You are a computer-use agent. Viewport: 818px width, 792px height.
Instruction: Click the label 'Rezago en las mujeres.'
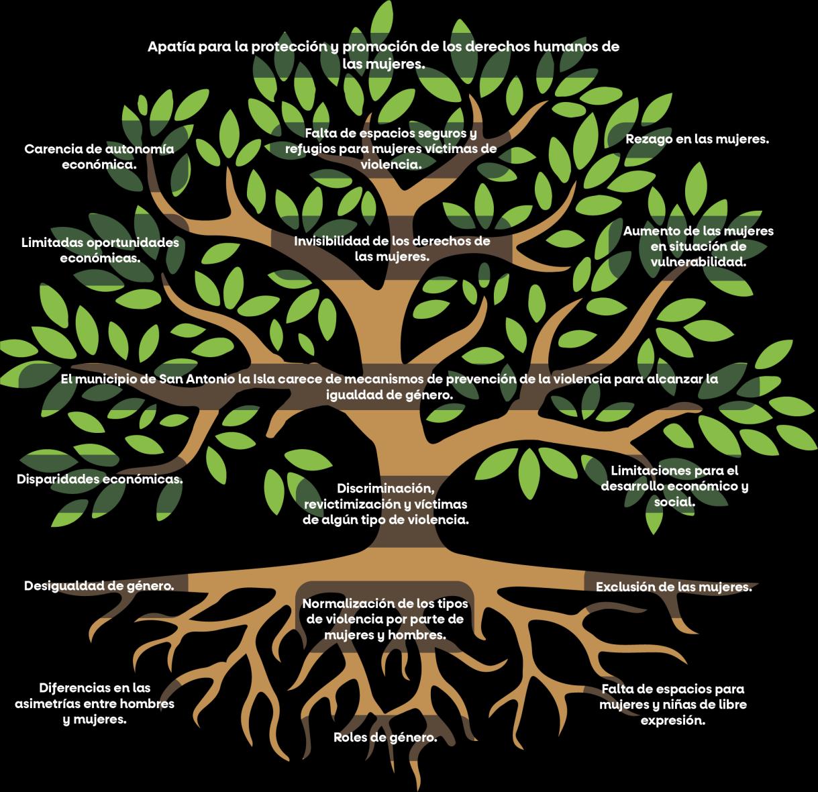[697, 140]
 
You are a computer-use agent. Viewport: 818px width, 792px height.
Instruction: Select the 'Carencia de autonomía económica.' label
[99, 156]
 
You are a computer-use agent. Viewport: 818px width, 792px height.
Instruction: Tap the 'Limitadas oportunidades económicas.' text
[100, 249]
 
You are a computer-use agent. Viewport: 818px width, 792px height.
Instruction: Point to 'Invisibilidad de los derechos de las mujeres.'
[392, 248]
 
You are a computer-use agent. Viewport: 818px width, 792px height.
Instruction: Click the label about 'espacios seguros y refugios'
[391, 148]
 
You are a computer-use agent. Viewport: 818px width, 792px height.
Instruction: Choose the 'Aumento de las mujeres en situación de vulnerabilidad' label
[698, 246]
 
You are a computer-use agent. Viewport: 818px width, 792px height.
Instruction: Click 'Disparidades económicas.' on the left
[99, 479]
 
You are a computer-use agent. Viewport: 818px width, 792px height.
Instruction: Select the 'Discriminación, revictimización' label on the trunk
[385, 503]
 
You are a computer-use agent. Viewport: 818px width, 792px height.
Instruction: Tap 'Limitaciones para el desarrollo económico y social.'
[674, 486]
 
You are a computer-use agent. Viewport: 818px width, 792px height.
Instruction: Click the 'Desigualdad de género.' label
[99, 585]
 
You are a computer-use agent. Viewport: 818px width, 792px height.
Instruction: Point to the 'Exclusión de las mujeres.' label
[674, 587]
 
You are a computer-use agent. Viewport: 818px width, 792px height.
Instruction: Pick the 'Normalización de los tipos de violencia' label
[385, 619]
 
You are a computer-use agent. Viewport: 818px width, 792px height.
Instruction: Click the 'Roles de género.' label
[385, 738]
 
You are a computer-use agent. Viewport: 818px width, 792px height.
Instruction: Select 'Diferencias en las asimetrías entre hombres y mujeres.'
[95, 703]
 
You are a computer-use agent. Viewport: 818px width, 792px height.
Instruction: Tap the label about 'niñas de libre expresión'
[673, 705]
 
